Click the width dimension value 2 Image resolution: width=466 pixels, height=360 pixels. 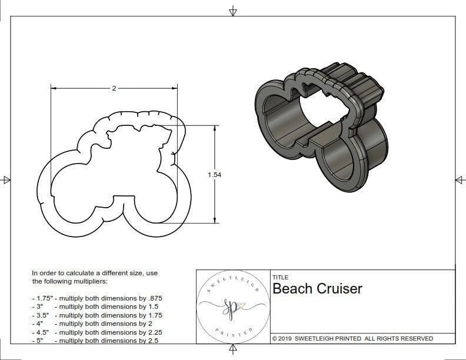point(114,88)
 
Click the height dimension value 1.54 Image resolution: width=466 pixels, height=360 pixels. point(215,175)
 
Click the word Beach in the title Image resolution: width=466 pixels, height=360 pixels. point(292,289)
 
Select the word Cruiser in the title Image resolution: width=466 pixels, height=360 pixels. point(340,289)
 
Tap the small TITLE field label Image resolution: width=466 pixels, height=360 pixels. point(279,277)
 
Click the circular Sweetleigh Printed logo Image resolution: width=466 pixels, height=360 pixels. point(232,306)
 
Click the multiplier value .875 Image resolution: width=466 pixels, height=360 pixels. point(154,298)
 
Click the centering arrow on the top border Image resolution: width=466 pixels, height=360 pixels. point(233,11)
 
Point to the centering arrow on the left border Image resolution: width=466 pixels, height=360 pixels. point(7,179)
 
